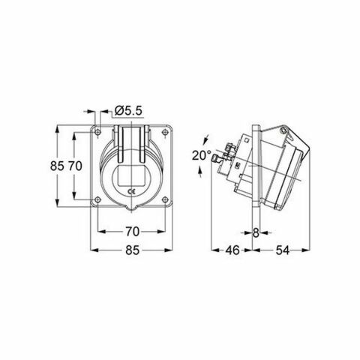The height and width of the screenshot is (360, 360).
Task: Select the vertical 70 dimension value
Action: click(x=74, y=167)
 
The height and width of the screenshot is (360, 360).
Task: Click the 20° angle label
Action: click(x=200, y=155)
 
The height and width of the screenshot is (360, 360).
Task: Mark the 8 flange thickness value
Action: click(x=256, y=232)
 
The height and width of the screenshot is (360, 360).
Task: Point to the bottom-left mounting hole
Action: click(x=98, y=199)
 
